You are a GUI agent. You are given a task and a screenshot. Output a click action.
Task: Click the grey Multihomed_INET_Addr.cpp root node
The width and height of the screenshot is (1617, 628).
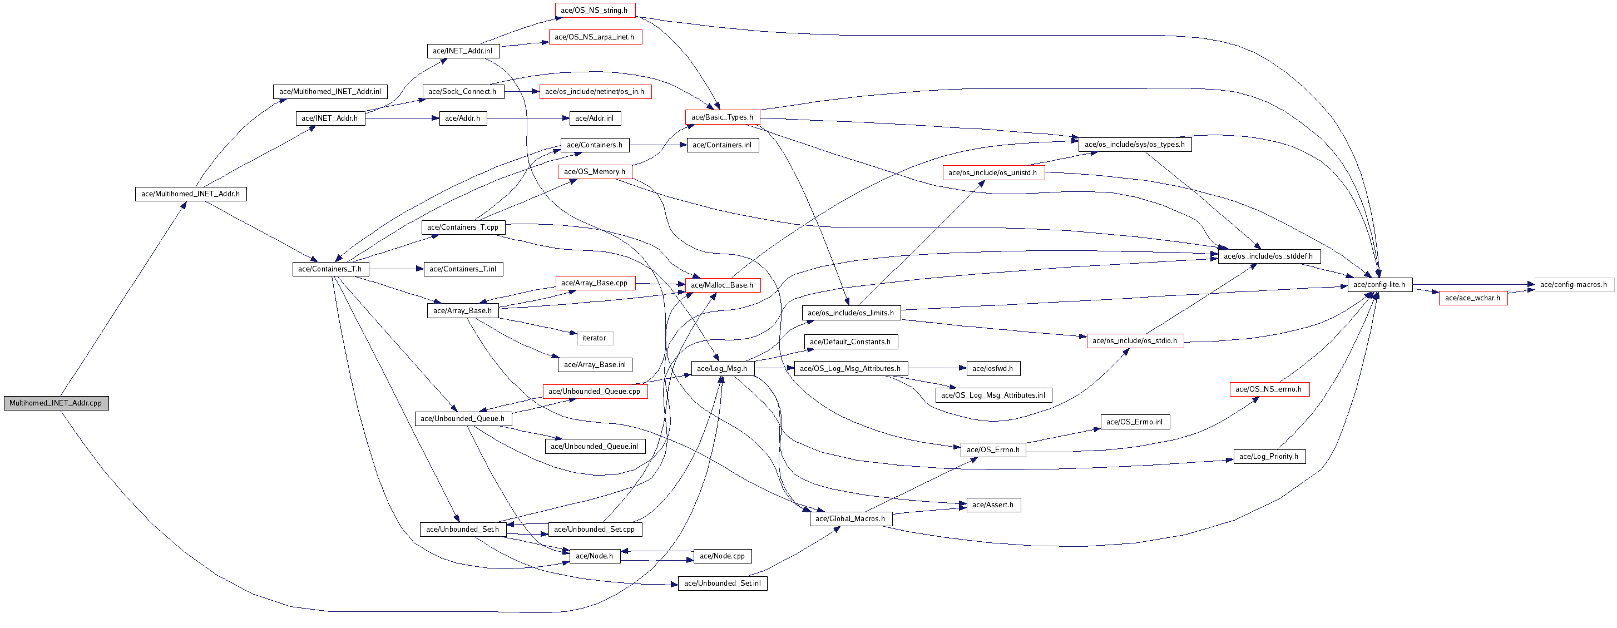pyautogui.click(x=56, y=403)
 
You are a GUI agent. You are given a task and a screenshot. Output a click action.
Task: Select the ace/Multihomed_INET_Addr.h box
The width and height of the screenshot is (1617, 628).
pyautogui.click(x=191, y=194)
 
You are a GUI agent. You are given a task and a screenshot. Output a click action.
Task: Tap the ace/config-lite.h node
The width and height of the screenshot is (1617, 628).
pyautogui.click(x=1379, y=284)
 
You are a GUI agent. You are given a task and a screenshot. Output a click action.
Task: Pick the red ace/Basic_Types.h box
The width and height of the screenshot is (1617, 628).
pyautogui.click(x=722, y=117)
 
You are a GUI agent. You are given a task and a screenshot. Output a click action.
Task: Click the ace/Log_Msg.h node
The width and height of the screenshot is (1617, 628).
pyautogui.click(x=722, y=369)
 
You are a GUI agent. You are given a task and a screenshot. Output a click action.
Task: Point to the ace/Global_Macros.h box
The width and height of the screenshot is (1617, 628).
pyautogui.click(x=850, y=519)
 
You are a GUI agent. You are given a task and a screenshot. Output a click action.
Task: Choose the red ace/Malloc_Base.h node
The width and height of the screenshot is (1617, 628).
pyautogui.click(x=722, y=285)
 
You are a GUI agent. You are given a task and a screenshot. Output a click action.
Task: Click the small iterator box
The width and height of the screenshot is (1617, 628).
pyautogui.click(x=595, y=338)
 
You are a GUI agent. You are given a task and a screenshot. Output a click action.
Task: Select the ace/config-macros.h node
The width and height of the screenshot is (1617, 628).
pyautogui.click(x=1574, y=284)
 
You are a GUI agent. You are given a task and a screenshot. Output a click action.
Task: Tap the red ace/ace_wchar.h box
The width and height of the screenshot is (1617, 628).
pyautogui.click(x=1472, y=298)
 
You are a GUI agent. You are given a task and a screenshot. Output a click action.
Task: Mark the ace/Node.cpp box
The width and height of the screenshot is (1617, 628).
pyautogui.click(x=722, y=556)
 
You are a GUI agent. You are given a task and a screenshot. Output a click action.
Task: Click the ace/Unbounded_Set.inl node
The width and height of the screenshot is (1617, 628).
pyautogui.click(x=722, y=584)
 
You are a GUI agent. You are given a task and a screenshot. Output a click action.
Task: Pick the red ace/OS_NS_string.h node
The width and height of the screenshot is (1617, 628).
pyautogui.click(x=595, y=10)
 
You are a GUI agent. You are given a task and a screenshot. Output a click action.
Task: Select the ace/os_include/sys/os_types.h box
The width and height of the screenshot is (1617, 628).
pyautogui.click(x=1134, y=145)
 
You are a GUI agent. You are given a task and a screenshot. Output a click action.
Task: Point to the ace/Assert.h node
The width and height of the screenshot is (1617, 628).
pyautogui.click(x=993, y=505)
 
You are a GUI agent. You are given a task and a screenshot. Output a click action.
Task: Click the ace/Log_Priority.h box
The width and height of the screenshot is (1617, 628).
pyautogui.click(x=1269, y=457)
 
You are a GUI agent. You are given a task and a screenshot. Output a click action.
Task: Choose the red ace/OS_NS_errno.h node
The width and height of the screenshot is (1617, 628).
pyautogui.click(x=1269, y=389)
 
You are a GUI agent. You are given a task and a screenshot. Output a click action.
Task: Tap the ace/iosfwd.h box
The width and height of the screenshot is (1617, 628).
pyautogui.click(x=992, y=369)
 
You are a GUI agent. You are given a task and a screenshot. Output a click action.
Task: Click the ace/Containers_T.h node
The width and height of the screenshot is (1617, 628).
pyautogui.click(x=330, y=269)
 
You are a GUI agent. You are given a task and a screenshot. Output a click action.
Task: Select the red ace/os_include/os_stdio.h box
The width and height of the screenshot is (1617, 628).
pyautogui.click(x=1135, y=341)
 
